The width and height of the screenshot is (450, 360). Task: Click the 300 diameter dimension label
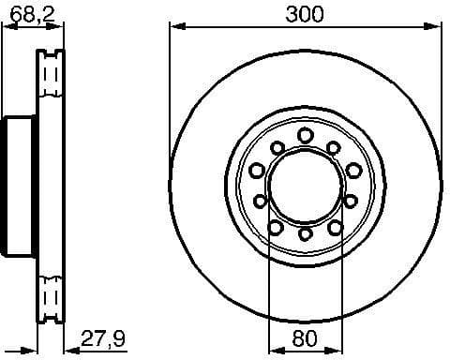[x=305, y=14]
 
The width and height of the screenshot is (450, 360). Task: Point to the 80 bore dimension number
[x=305, y=337]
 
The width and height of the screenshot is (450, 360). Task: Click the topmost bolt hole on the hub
[x=306, y=136]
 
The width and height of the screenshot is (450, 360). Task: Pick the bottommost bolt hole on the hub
[x=306, y=233]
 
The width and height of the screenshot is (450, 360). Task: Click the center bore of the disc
[x=306, y=185]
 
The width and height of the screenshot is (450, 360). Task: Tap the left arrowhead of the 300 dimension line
[x=175, y=27]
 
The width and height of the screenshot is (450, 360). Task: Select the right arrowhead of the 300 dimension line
[x=438, y=27]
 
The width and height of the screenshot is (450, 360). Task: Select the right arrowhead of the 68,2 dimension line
[x=59, y=28]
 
